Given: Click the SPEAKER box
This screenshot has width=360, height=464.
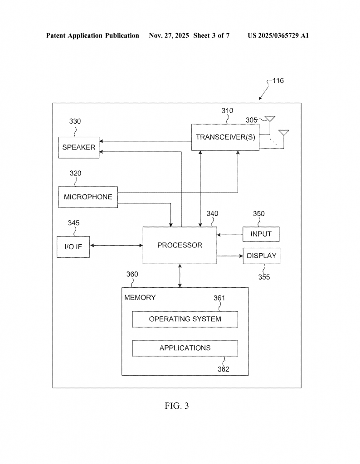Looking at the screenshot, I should pyautogui.click(x=79, y=147).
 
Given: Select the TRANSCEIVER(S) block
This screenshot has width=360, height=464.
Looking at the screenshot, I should pyautogui.click(x=225, y=137).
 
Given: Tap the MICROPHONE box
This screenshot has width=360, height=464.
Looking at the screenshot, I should pyautogui.click(x=88, y=197).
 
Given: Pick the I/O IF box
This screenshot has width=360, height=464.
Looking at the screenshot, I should pyautogui.click(x=73, y=247).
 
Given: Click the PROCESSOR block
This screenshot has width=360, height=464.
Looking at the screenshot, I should pyautogui.click(x=180, y=245).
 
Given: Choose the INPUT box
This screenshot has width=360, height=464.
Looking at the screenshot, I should pyautogui.click(x=261, y=234).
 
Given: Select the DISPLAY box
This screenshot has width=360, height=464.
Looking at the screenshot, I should pyautogui.click(x=261, y=256).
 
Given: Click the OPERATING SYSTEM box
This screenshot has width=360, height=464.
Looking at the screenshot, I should pyautogui.click(x=185, y=319).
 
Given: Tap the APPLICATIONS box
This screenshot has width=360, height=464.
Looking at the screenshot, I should pyautogui.click(x=185, y=348).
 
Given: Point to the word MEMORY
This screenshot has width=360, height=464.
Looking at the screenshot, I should pyautogui.click(x=140, y=298).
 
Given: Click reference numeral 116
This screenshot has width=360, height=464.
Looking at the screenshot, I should pyautogui.click(x=278, y=81).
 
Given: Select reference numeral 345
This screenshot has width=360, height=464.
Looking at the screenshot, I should pyautogui.click(x=74, y=222).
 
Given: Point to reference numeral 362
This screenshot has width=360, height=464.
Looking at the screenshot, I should pyautogui.click(x=223, y=369).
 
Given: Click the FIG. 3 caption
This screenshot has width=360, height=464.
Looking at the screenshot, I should pyautogui.click(x=177, y=406).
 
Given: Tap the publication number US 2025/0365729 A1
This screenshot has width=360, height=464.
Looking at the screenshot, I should pyautogui.click(x=278, y=35).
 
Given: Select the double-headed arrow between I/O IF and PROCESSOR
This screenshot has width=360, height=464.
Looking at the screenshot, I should pyautogui.click(x=116, y=246).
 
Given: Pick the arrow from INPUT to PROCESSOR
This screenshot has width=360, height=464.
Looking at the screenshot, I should pyautogui.click(x=229, y=235).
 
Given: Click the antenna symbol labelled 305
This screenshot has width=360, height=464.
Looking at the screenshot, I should pyautogui.click(x=271, y=119).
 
